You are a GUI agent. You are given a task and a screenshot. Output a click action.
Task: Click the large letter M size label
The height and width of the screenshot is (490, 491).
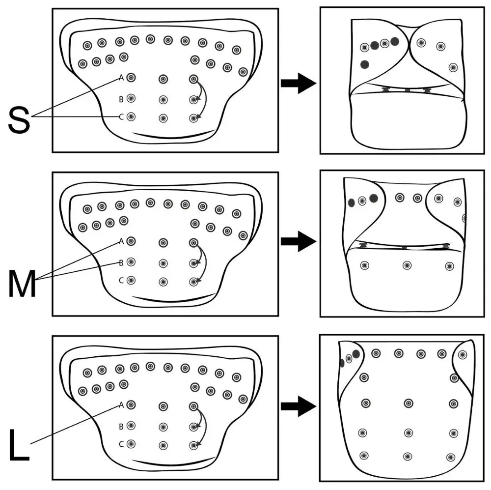tap(22, 284)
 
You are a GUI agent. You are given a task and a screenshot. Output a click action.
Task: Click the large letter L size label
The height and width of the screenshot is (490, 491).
tap(19, 446)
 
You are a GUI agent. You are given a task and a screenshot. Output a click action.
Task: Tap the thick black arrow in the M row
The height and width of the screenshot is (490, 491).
tap(298, 241)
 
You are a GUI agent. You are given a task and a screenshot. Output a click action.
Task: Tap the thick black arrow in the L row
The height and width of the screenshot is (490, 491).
tap(298, 406)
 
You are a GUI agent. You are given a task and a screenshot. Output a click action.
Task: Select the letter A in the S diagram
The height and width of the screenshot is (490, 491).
tap(121, 78)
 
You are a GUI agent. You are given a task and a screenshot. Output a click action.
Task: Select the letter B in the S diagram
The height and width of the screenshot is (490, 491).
tap(121, 99)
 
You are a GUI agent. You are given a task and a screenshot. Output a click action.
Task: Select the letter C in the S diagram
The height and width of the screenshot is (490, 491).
tap(121, 117)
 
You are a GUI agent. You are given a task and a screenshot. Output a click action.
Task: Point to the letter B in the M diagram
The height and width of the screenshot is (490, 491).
tap(121, 262)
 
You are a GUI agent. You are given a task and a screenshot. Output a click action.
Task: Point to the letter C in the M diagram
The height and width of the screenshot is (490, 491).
tap(121, 280)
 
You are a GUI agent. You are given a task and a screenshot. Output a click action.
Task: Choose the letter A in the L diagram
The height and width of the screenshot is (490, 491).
tap(121, 405)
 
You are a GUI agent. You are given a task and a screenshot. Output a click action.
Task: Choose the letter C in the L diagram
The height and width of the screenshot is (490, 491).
tap(121, 444)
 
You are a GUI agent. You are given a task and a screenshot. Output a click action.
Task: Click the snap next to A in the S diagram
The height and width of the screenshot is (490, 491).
tap(131, 78)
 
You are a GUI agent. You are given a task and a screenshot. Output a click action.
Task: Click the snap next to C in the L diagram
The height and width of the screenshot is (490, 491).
tap(131, 444)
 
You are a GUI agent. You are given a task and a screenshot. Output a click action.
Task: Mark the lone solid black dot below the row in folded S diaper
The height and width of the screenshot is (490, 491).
tap(364, 64)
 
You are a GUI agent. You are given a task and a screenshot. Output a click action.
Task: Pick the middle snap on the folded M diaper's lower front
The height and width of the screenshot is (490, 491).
tap(407, 265)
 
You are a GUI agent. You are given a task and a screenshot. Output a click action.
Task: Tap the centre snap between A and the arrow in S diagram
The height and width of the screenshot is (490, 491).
tap(163, 79)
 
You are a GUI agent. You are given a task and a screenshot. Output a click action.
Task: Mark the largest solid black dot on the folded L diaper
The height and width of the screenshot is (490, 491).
tap(356, 354)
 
